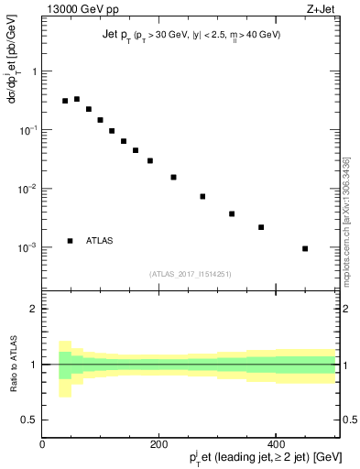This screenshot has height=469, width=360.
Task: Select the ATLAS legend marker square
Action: pos(70,241)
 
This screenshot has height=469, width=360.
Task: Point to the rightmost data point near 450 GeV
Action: pos(305,248)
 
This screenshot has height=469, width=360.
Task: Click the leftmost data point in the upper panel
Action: pos(65,101)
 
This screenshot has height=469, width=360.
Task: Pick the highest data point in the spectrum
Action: pos(77,99)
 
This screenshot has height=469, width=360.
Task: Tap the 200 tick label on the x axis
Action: pos(158,444)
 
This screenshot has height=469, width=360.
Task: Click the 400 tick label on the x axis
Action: pos(276,444)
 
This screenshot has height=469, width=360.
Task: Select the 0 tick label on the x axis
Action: pos(42,444)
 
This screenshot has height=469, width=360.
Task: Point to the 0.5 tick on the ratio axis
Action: pos(29,420)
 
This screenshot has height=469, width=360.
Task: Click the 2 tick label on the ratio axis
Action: pos(33,309)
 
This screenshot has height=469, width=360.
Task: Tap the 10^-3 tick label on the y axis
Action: pos(27,248)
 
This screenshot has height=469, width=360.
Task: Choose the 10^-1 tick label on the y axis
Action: pos(27,130)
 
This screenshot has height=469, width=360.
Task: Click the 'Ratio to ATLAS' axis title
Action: pos(12,364)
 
